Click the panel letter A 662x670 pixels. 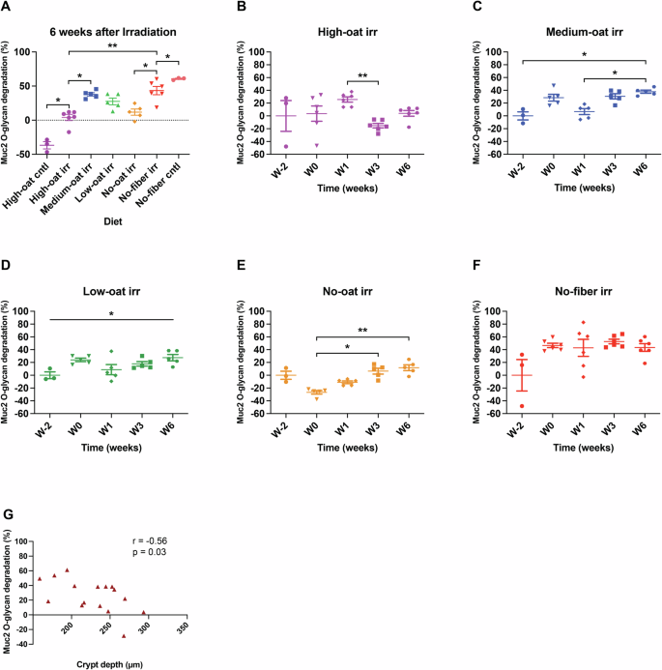coord(7,8)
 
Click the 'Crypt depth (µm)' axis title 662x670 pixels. coord(109,664)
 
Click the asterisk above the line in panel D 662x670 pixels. coord(110,312)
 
